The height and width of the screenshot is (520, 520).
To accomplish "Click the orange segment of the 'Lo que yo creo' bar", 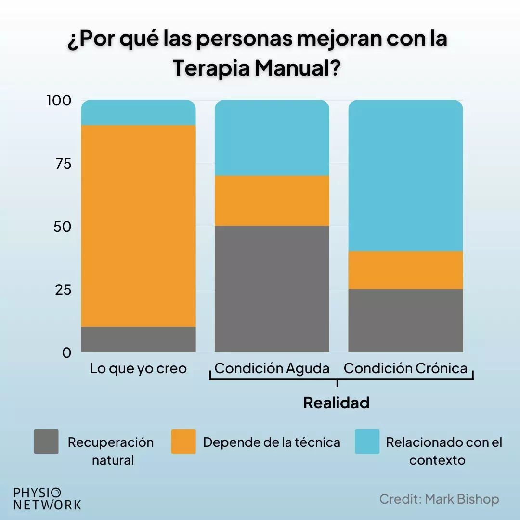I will coord(139,226).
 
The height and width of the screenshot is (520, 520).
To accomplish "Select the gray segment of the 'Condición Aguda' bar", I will coord(272,289).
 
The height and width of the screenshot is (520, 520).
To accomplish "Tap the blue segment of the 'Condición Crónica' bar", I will coord(405,176).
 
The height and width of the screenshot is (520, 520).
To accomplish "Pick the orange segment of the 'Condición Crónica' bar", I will coord(405,270).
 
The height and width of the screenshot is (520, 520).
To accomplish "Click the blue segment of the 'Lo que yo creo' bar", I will coord(139,113).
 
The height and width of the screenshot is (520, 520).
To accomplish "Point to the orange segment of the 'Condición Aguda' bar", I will coord(272,201).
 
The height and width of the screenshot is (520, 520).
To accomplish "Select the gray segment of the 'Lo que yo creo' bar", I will coord(139,339).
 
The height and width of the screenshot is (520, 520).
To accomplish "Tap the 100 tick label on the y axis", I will coord(58,101).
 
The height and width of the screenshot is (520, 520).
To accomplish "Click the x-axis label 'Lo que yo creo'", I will coord(138,369).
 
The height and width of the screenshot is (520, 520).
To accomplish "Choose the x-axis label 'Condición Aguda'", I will coord(272,369).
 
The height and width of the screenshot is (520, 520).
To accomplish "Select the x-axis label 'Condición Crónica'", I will coord(405,369).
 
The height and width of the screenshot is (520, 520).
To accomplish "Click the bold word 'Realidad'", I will coord(336,403).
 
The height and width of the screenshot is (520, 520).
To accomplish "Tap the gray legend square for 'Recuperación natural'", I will coord(46,442).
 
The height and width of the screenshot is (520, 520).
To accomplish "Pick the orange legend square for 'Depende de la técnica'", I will coord(183,442).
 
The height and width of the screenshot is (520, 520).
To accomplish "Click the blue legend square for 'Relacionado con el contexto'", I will coord(367,442).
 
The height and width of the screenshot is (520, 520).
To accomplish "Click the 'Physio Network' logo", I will coord(47,499).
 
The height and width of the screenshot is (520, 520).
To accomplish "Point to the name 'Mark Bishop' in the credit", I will coord(462,499).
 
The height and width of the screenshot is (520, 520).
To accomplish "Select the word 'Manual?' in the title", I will coord(298,68).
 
